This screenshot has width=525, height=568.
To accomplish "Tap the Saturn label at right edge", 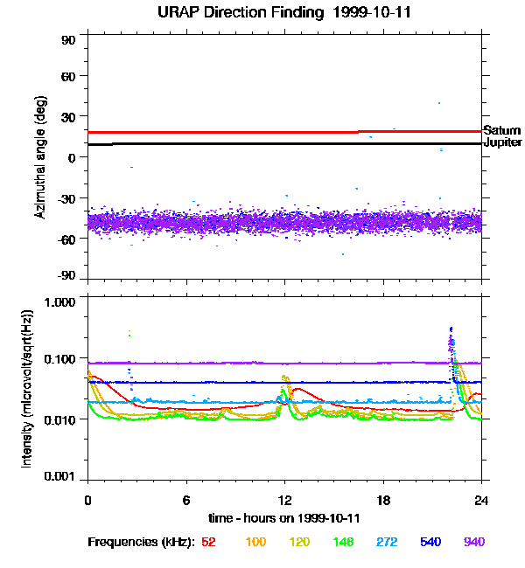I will [502, 130].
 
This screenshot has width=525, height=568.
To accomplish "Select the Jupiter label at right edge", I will [502, 142].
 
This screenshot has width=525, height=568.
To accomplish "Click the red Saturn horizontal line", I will [262, 132].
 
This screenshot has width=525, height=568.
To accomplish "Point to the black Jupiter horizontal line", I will [262, 143].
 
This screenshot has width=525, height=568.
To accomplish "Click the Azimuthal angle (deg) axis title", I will [40, 157].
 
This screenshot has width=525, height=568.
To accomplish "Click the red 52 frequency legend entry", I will [208, 542].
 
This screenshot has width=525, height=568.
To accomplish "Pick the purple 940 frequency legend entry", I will [474, 542].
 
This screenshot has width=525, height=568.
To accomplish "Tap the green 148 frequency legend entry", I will [344, 542].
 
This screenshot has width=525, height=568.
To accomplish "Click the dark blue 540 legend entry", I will [431, 542].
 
